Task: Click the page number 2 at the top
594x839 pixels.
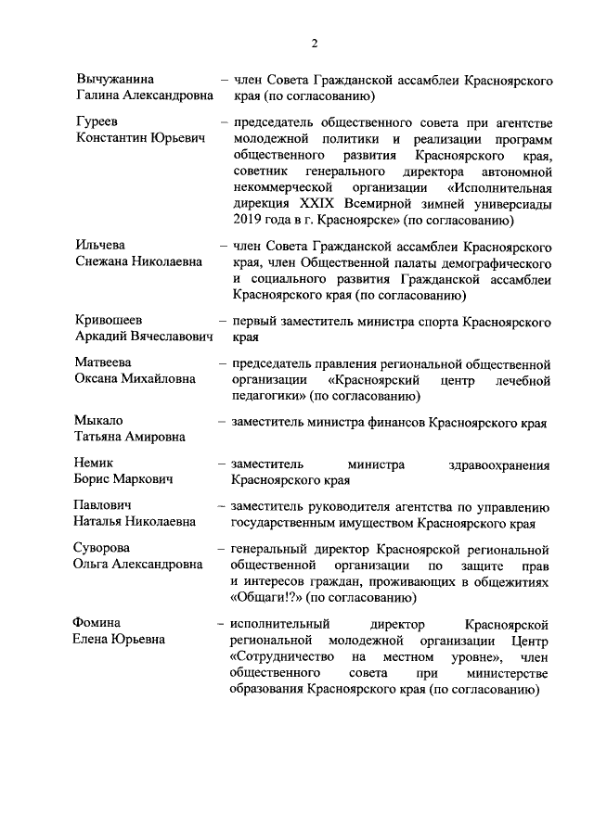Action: pos(315,43)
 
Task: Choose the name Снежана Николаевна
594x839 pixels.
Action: pos(138,261)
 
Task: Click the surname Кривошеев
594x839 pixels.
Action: pos(110,322)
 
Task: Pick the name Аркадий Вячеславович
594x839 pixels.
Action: pos(142,337)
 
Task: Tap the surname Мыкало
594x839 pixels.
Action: pos(99,421)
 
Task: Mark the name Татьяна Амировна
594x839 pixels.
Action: pos(129,437)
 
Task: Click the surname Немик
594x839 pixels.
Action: pos(95,464)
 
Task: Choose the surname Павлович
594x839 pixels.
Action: pos(105,506)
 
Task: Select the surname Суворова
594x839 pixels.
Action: pos(103,548)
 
